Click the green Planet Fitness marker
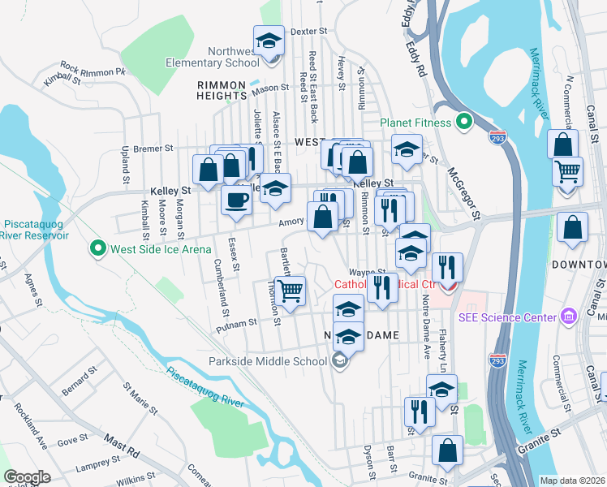pos(463,123)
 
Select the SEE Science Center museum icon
pos(568,316)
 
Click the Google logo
pos(27,477)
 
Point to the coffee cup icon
pos(236,200)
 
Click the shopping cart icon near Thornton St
pos(290,290)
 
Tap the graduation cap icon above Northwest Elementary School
pos(269,40)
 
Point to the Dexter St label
pos(308,31)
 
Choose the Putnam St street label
pos(235,325)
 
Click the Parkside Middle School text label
pos(267,361)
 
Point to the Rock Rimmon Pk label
pos(93,69)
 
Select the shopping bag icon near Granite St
pos(447,451)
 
